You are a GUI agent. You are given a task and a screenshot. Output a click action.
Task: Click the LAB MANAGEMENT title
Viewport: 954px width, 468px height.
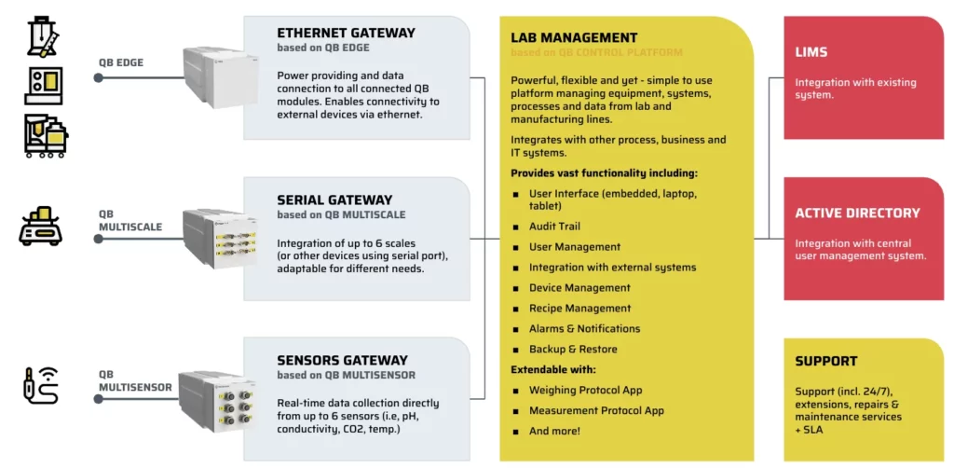tap(574, 38)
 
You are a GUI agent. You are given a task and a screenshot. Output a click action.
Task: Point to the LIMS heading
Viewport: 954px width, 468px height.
tap(811, 53)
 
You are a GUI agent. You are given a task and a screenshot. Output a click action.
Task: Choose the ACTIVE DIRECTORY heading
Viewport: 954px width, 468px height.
tap(857, 213)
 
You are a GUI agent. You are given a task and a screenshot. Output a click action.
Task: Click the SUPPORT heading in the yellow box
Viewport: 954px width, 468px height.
tap(825, 361)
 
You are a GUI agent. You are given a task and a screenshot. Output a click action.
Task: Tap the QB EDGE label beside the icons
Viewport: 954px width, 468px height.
tap(119, 64)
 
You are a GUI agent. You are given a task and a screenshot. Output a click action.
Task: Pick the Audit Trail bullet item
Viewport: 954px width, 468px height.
tap(554, 227)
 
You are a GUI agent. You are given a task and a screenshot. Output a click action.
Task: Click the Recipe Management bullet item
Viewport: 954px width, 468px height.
tap(579, 309)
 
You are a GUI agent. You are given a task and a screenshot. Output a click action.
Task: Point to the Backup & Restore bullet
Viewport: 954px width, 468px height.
tap(573, 350)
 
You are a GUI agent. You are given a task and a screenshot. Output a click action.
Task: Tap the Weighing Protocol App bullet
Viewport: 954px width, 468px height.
tap(585, 391)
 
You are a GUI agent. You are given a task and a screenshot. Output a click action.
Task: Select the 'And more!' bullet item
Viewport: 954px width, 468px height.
tap(554, 432)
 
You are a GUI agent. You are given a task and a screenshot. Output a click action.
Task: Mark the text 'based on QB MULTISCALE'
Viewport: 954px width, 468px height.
tap(341, 215)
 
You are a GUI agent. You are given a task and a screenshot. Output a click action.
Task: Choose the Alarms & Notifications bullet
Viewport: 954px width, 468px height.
tap(584, 329)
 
